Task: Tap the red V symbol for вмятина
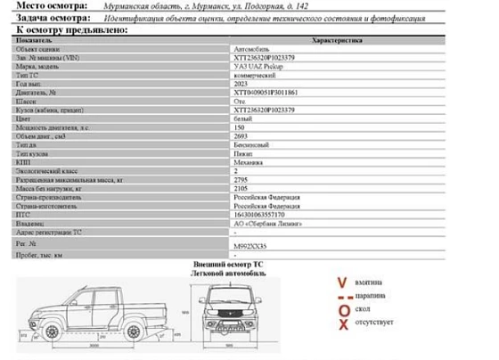tap(341, 284)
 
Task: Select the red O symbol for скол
tap(341, 311)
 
